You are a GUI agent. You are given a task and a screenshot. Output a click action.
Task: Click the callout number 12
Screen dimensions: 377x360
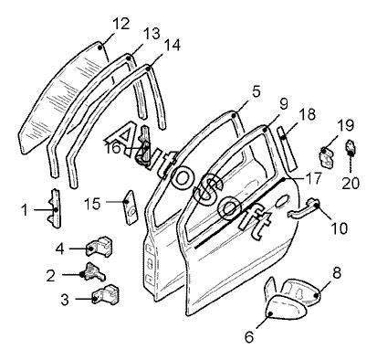point(121,24)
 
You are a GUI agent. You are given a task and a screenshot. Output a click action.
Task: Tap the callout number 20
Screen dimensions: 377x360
point(351,184)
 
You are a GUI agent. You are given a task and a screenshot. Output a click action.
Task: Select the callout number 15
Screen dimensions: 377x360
point(92,204)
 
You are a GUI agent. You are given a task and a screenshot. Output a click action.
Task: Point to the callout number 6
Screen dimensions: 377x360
point(249,337)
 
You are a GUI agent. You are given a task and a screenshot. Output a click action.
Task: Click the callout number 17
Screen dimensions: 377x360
point(313,179)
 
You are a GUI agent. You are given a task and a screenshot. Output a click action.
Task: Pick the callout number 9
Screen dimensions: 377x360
point(283,104)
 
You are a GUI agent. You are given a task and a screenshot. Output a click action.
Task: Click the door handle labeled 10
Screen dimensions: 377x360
point(303,208)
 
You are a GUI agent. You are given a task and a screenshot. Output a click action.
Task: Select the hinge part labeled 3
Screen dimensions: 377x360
point(105,294)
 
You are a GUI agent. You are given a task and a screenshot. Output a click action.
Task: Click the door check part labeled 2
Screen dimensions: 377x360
point(93,271)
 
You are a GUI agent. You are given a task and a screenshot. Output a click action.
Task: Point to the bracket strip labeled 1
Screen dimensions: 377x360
point(56,208)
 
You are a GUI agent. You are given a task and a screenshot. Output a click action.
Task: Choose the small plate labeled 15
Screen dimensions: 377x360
point(131,207)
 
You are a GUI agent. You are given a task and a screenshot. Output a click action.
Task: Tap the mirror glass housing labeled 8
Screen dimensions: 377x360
point(300,291)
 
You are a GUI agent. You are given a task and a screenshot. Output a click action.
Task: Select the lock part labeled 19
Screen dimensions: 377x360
point(327,157)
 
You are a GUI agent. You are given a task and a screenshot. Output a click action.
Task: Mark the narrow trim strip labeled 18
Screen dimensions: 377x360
point(287,149)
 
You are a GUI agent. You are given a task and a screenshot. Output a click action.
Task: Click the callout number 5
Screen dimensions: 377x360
point(257,91)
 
